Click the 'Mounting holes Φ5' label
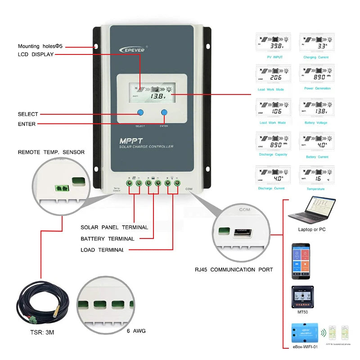(39, 46)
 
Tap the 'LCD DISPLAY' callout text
(36, 54)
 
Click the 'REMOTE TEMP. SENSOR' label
(51, 152)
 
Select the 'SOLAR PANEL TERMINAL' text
(114, 227)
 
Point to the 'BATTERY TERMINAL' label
(107, 238)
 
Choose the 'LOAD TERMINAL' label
(102, 250)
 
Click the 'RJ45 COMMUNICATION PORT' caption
(234, 270)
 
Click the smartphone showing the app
(301, 258)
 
